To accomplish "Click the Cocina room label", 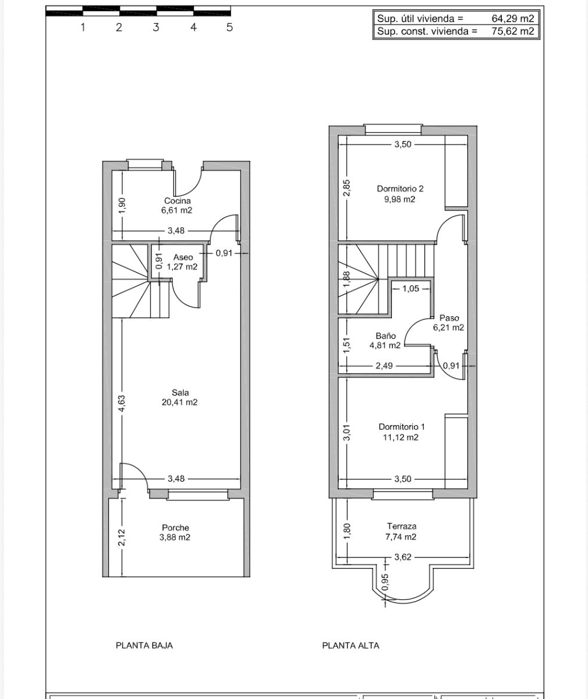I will [177, 201].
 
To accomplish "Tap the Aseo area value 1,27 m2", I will [182, 267].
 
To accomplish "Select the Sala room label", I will [180, 393].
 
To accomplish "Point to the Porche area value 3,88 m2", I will [175, 538].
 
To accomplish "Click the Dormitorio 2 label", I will [400, 189].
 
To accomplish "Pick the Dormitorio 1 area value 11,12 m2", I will [400, 437].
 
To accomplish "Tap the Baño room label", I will [385, 336].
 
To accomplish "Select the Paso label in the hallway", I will [449, 318].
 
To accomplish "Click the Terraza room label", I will [401, 526].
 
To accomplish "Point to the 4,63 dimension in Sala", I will [122, 403].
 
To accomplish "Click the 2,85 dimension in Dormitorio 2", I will [346, 188].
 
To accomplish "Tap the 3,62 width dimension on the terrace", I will [403, 557].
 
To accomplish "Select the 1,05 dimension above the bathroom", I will [410, 288].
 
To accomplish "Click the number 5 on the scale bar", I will [229, 27].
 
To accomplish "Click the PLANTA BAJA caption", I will [144, 645].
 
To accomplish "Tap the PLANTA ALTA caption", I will [350, 645].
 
